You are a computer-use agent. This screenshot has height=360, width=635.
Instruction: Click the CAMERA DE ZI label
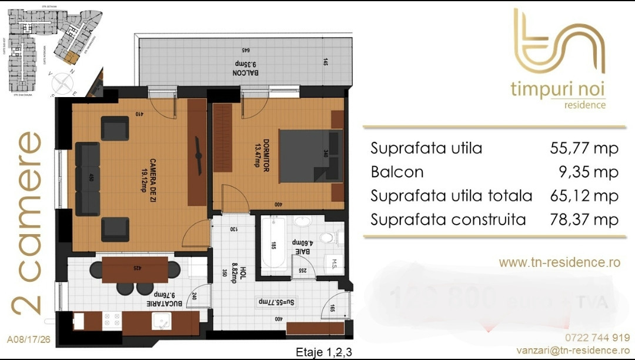(148, 175)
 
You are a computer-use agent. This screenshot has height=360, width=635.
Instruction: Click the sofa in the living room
(88, 179)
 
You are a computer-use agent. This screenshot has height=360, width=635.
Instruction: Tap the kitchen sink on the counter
(161, 321)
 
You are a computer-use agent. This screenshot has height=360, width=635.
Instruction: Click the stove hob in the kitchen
(111, 321)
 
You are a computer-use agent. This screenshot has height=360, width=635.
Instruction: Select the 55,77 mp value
(584, 148)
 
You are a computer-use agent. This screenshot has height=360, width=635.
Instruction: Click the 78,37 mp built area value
(584, 220)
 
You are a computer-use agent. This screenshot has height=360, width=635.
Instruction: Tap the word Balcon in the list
(397, 172)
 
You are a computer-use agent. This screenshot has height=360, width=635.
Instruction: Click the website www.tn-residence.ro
(559, 262)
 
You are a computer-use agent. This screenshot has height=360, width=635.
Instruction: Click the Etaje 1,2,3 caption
(324, 352)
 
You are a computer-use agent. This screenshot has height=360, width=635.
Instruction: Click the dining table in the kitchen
(135, 270)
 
